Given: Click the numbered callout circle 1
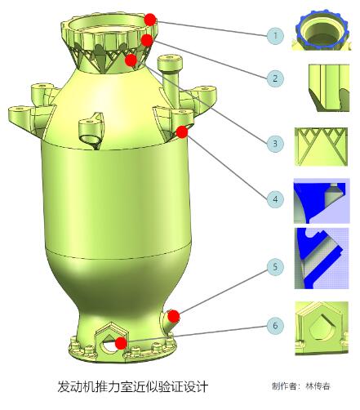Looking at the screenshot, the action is click(x=275, y=36).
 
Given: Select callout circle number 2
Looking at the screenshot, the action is click(x=275, y=78).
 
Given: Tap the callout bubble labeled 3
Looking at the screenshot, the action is click(x=275, y=144).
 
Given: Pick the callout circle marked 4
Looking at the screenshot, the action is click(x=275, y=199).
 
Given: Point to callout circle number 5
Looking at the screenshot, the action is click(x=275, y=267).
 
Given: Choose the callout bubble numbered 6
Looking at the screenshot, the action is click(x=275, y=325).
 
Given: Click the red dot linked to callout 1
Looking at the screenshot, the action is click(x=150, y=20).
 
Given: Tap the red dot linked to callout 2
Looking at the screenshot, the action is click(x=147, y=40).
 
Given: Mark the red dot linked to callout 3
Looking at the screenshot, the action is click(x=131, y=60).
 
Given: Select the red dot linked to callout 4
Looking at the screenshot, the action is click(x=182, y=132).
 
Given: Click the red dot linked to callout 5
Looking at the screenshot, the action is click(x=173, y=316).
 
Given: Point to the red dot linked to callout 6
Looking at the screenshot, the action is click(x=121, y=343).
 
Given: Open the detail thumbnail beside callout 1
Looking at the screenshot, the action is click(x=322, y=30).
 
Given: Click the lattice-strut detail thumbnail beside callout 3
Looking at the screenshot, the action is click(x=322, y=147).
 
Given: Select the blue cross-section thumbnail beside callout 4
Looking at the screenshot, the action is click(x=322, y=201).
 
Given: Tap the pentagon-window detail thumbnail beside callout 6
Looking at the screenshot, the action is click(x=322, y=328).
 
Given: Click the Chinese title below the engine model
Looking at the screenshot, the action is click(x=133, y=386).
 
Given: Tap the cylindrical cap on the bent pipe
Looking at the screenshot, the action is click(x=169, y=63).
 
